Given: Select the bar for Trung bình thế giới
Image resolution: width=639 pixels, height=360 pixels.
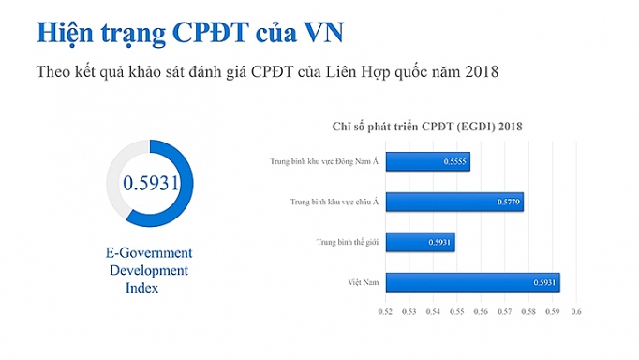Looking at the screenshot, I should coord(420,242).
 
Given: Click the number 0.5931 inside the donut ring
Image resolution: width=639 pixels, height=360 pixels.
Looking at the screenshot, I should coord(151,183).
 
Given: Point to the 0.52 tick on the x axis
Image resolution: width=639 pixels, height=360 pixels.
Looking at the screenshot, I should coord(384,311).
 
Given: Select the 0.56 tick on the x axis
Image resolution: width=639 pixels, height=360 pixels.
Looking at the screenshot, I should coord(481,311).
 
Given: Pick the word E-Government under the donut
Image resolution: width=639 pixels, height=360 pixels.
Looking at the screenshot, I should coord(149,253).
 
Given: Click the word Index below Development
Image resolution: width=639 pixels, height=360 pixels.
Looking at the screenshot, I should coord(142,288).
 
